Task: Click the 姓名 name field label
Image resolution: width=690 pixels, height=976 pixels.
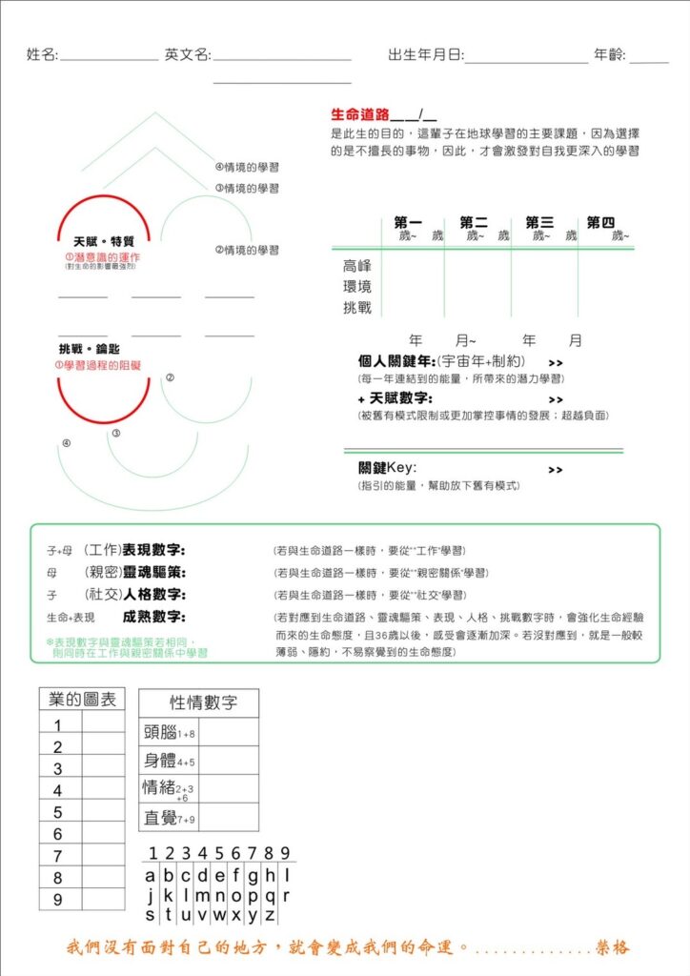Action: click(x=42, y=55)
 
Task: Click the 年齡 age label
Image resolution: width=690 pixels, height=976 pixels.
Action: click(x=609, y=55)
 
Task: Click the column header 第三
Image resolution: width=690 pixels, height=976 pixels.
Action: click(x=539, y=222)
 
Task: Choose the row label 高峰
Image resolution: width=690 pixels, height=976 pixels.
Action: click(x=357, y=266)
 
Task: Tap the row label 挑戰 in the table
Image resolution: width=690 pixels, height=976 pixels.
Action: click(x=357, y=308)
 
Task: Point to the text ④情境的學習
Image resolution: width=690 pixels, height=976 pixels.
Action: click(x=247, y=167)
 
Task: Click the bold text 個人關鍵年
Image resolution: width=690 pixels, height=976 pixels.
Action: click(x=394, y=361)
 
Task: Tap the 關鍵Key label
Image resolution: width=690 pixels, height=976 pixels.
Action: click(x=387, y=467)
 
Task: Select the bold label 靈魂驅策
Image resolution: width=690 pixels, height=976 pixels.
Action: click(x=154, y=572)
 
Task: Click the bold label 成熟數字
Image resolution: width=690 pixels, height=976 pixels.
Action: click(x=154, y=617)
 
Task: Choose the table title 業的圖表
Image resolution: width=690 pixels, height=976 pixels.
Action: click(x=82, y=700)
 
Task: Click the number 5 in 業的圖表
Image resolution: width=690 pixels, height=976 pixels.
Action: click(x=58, y=812)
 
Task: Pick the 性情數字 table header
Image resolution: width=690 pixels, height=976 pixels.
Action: click(x=198, y=703)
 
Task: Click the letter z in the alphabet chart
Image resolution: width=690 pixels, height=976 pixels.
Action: click(x=270, y=915)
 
